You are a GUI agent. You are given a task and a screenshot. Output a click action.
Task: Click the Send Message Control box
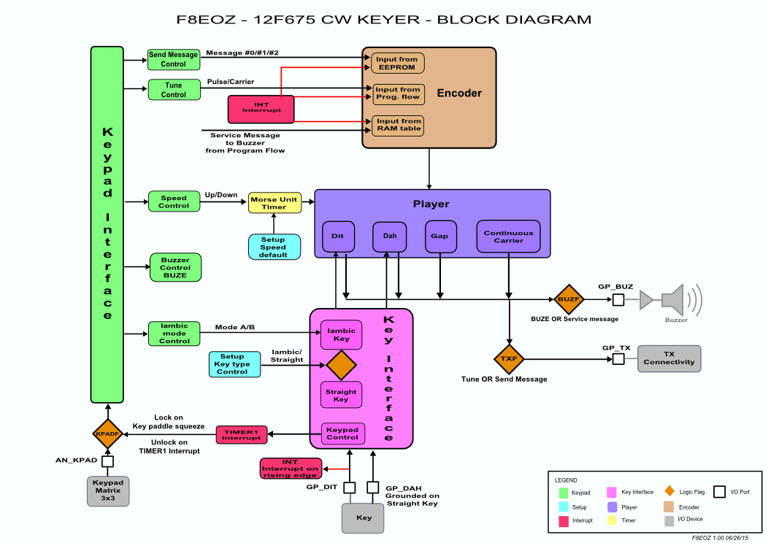(173, 59)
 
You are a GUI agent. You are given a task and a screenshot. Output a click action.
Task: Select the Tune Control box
(173, 90)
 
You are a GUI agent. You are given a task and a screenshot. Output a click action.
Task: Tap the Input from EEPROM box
(397, 63)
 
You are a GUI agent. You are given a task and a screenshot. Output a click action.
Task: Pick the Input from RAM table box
(397, 125)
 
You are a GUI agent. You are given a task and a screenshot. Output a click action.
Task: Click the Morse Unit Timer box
(274, 202)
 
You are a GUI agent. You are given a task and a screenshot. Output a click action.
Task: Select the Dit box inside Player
(338, 236)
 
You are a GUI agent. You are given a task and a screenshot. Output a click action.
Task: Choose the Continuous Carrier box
(508, 236)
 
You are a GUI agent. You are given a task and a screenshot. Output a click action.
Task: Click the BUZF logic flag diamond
(568, 299)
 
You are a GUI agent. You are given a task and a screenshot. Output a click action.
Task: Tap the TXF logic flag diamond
(509, 359)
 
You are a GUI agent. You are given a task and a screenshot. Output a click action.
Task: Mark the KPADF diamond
(108, 434)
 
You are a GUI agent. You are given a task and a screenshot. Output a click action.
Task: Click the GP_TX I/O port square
(618, 359)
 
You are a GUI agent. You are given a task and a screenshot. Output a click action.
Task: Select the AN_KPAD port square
(108, 461)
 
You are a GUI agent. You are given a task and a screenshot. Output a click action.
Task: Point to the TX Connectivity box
(669, 358)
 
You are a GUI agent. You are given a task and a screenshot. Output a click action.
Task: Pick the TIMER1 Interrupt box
(242, 435)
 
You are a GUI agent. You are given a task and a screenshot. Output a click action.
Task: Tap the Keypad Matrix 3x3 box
(108, 491)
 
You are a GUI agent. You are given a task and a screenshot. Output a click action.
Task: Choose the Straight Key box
(341, 395)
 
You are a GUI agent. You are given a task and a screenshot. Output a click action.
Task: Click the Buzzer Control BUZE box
(174, 268)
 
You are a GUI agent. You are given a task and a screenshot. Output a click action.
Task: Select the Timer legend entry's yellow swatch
(613, 520)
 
